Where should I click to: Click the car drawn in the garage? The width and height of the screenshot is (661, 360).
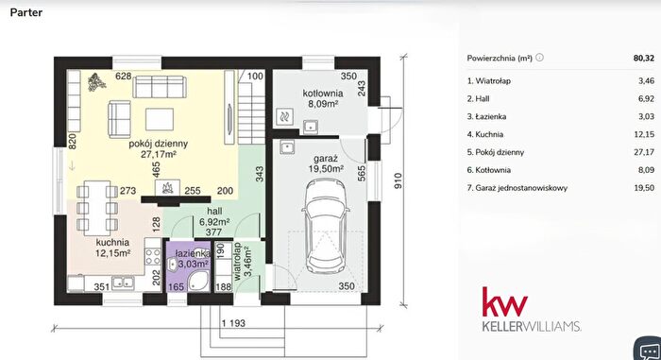pyautogui.click(x=325, y=226)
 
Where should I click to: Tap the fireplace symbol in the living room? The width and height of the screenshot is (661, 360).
pyautogui.click(x=167, y=187)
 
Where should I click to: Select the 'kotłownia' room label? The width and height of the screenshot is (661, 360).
pyautogui.click(x=323, y=94)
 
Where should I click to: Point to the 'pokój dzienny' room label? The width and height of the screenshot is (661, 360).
pyautogui.click(x=158, y=144)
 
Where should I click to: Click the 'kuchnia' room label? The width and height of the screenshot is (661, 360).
pyautogui.click(x=112, y=242)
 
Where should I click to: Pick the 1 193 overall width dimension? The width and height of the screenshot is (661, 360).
pyautogui.click(x=233, y=323)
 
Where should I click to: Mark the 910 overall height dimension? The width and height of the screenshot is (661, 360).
pyautogui.click(x=398, y=180)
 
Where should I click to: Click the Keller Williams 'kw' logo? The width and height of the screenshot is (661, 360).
pyautogui.click(x=505, y=301)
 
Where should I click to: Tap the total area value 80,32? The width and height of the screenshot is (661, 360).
pyautogui.click(x=644, y=59)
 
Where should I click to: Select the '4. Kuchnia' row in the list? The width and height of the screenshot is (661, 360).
pyautogui.click(x=484, y=134)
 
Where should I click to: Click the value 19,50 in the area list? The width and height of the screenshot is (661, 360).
pyautogui.click(x=644, y=188)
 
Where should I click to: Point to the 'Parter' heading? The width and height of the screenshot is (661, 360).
pyautogui.click(x=26, y=12)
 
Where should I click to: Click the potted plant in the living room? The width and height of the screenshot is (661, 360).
pyautogui.click(x=97, y=81)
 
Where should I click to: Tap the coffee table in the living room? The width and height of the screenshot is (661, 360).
pyautogui.click(x=160, y=119)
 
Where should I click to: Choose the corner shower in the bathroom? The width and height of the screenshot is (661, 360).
pyautogui.click(x=197, y=281)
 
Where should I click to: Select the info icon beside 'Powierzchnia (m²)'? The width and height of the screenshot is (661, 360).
pyautogui.click(x=539, y=58)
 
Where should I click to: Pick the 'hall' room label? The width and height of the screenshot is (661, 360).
pyautogui.click(x=214, y=211)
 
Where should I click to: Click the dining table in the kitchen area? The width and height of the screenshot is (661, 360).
pyautogui.click(x=97, y=208)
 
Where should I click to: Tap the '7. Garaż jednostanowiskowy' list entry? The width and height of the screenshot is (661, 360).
pyautogui.click(x=517, y=188)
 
